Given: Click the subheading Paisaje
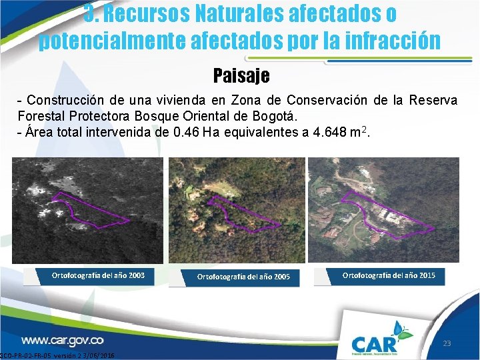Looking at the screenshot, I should tap(241, 75).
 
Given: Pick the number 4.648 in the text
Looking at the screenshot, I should tap(325, 132).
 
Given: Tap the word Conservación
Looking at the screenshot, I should tap(321, 100).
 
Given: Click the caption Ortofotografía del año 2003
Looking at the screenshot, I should tap(98, 275).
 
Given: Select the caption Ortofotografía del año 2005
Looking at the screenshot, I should tap(243, 276).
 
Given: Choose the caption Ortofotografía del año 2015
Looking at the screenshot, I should tap(389, 275).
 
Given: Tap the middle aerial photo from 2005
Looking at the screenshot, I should tap(235, 210).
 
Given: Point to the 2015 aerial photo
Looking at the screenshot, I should tap(383, 210).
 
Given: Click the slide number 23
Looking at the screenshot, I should tap(447, 344).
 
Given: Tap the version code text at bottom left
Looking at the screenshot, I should tap(57, 356).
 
